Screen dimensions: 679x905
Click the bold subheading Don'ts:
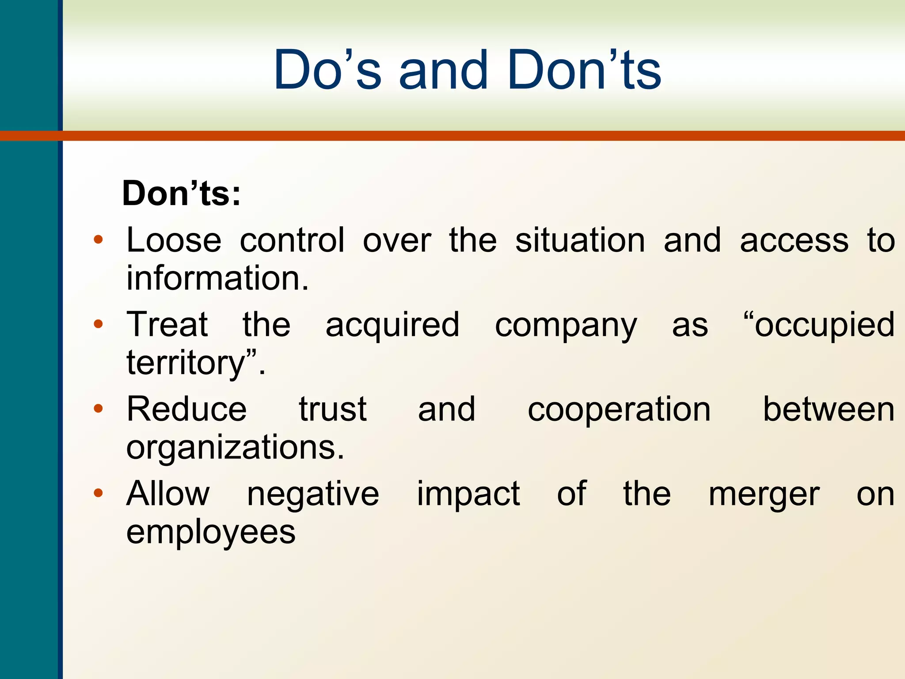coord(181,194)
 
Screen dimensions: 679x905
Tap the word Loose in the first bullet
coord(174,240)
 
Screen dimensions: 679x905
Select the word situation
coord(580,240)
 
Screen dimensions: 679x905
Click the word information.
coord(217,278)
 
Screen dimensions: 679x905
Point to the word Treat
coord(167,325)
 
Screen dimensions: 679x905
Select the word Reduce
coord(186,409)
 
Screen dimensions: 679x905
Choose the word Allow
coord(168,494)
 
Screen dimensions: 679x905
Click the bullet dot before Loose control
coord(98,240)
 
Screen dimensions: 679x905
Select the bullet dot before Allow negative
coord(98,493)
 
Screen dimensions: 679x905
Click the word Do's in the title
coord(327,71)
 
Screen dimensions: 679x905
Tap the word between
coord(829,409)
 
